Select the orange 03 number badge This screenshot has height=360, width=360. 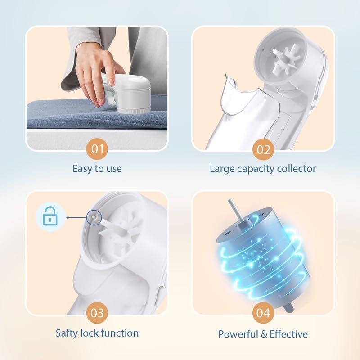coord(97,312)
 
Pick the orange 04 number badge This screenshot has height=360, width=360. coord(263,312)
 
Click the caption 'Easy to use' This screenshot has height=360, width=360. coord(97,169)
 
